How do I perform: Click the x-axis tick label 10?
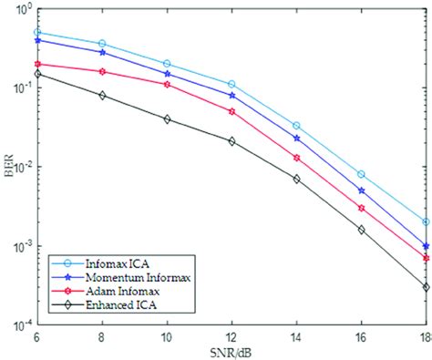[167, 338]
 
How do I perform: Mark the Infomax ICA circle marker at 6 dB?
[37, 32]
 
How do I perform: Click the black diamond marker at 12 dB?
[231, 141]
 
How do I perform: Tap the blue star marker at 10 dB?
[167, 74]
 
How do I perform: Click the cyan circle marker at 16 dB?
[362, 174]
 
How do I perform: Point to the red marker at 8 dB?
[102, 71]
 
